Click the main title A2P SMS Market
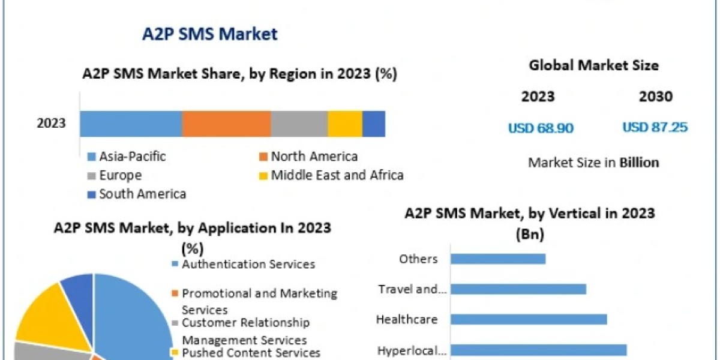click(209, 34)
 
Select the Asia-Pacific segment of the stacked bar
click(131, 124)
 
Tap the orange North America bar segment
click(226, 124)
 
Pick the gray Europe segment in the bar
click(299, 124)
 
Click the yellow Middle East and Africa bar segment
click(344, 124)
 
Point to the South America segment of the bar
click(373, 124)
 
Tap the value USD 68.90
click(541, 128)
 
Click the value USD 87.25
click(655, 128)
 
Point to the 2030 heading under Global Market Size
click(656, 97)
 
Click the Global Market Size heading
click(593, 65)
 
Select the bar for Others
click(498, 259)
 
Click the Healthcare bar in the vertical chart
click(529, 319)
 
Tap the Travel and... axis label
click(412, 290)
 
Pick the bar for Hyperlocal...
click(538, 350)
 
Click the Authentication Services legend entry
click(248, 264)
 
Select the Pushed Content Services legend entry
click(250, 353)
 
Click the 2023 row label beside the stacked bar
click(51, 124)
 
